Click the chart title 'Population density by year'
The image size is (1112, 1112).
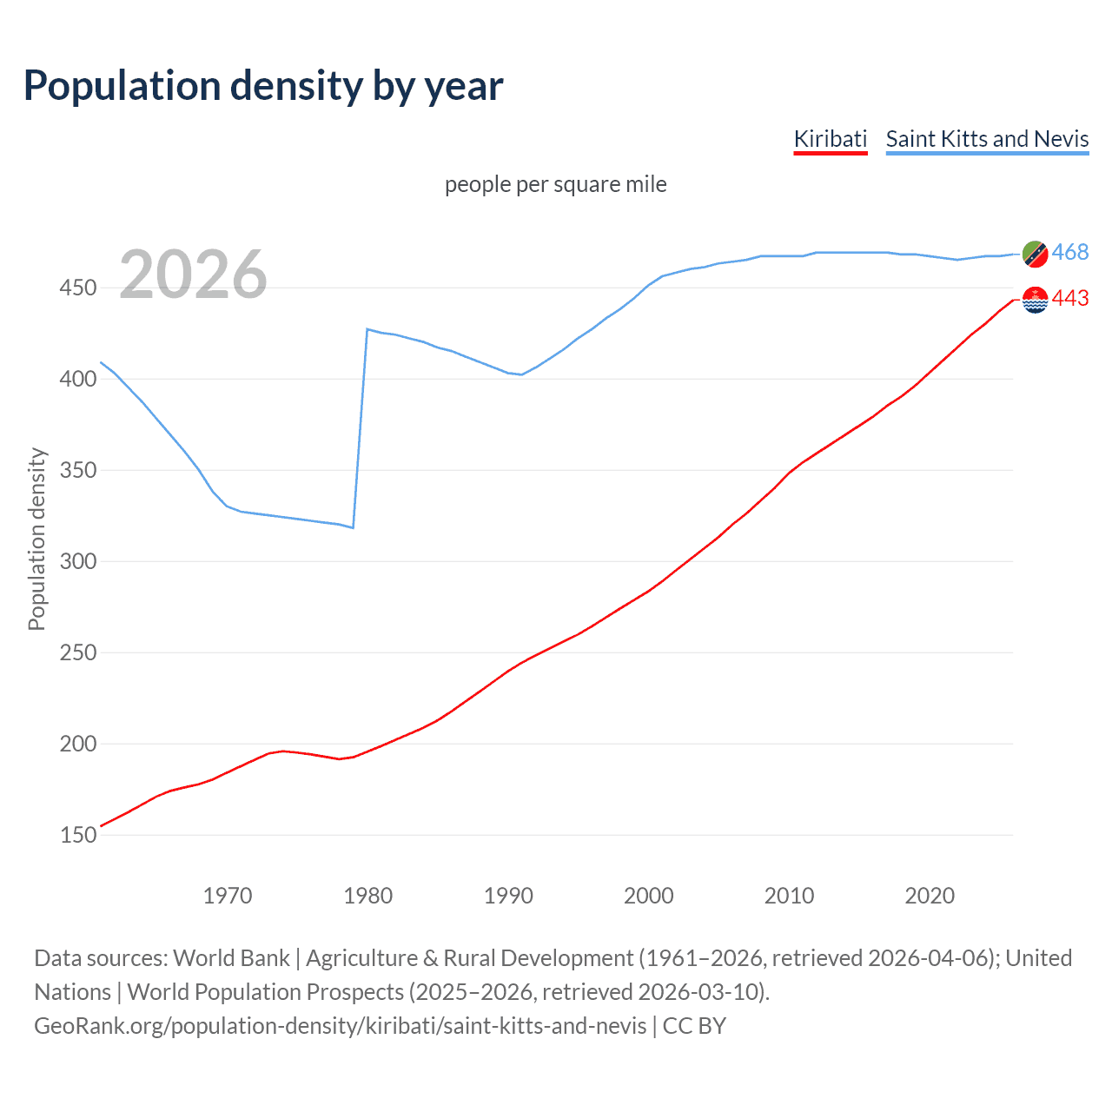coord(263,86)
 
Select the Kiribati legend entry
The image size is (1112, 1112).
coord(830,139)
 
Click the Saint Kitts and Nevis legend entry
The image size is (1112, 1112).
coord(987,139)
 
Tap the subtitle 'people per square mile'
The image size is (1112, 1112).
coord(555,184)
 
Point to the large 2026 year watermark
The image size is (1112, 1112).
coord(193,275)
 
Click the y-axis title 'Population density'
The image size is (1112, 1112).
coord(36,539)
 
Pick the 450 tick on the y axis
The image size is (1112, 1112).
coord(77,288)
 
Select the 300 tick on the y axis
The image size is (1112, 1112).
coord(77,561)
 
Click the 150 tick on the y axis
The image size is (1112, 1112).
coord(77,835)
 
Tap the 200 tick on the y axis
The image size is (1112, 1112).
coord(77,744)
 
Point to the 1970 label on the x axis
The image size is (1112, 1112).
coord(228,896)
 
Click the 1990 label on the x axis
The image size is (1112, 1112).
coord(508,896)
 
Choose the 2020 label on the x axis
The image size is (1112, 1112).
coord(930,896)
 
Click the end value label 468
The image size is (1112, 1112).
coord(1069,253)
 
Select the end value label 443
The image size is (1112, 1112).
coord(1069,299)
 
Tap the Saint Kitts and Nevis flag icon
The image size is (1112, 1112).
coord(1035,254)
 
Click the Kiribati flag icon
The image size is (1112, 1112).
coord(1035,300)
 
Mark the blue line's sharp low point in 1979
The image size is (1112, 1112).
coord(353,527)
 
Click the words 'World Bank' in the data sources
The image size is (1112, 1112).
coord(231,958)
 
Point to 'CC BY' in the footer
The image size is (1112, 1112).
coord(694,1026)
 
